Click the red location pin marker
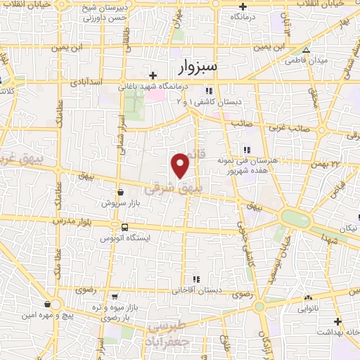coord(181,165)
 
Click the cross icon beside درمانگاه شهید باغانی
coord(153,75)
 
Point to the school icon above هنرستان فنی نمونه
coord(246,149)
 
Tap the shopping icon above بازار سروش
coord(120,191)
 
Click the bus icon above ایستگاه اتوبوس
coord(124,227)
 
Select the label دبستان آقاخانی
coord(197,290)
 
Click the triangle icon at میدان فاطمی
coord(306,51)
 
